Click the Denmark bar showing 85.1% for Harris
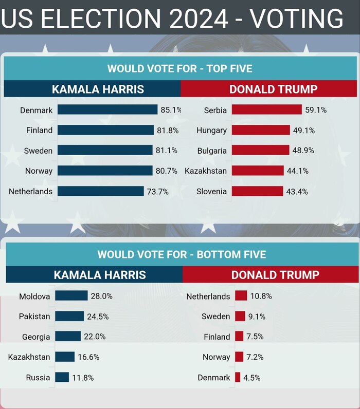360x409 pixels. point(107,109)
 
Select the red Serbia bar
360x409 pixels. point(266,109)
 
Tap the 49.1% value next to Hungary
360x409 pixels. point(304,131)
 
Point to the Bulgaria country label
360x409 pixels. point(212,151)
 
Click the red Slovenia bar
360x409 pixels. point(257,191)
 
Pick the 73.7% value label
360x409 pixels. point(158,192)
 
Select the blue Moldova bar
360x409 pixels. point(71,296)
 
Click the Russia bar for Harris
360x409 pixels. point(62,377)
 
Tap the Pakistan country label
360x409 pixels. point(34,317)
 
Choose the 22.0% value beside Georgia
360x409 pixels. point(95,337)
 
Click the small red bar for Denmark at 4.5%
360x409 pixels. point(238,378)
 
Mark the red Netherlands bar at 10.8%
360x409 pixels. point(241,296)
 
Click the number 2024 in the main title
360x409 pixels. point(199,19)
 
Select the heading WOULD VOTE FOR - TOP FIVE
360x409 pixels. point(179,69)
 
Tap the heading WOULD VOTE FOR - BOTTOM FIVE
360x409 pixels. point(182,254)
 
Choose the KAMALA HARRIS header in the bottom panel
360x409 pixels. point(100,274)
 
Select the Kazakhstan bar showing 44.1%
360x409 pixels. point(258,171)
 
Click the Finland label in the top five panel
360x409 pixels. point(39,131)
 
